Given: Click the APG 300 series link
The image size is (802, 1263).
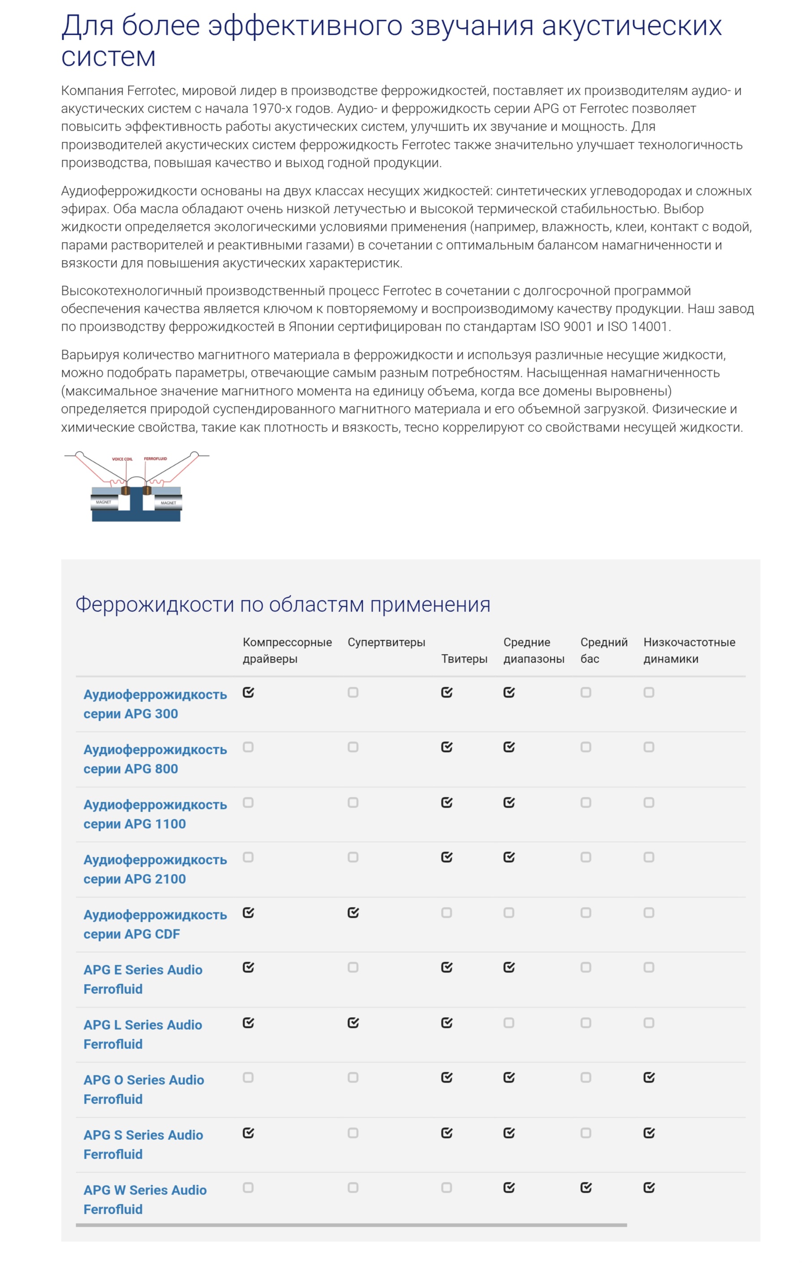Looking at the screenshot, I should [x=155, y=704].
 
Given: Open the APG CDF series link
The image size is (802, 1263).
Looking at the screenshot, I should [x=155, y=924].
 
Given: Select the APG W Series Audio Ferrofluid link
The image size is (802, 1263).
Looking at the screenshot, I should [x=145, y=1199].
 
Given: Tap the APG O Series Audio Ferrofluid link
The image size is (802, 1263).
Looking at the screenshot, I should [x=143, y=1089].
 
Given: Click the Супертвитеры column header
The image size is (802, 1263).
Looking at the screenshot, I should [x=386, y=642].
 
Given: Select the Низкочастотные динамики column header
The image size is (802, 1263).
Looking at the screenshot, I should [x=689, y=650].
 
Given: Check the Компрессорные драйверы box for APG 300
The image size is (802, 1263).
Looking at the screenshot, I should [x=248, y=692].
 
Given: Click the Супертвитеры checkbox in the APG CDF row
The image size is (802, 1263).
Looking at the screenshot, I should [x=353, y=912].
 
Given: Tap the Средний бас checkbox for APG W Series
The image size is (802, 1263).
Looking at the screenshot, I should [x=585, y=1187].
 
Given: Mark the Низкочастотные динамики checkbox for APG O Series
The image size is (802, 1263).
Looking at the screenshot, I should [x=648, y=1077].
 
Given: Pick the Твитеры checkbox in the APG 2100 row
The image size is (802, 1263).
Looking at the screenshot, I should [x=446, y=857].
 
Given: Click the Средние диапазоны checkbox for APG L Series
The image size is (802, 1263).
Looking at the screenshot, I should [x=508, y=1023].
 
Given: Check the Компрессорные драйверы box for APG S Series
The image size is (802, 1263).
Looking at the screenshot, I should [x=248, y=1133].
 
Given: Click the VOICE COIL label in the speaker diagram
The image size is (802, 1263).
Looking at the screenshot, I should [x=122, y=459].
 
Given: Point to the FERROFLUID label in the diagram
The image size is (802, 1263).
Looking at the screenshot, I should [x=155, y=458].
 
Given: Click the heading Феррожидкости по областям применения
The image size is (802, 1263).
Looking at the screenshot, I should [x=283, y=604].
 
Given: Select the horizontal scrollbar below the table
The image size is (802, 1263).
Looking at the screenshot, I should [x=351, y=1225].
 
